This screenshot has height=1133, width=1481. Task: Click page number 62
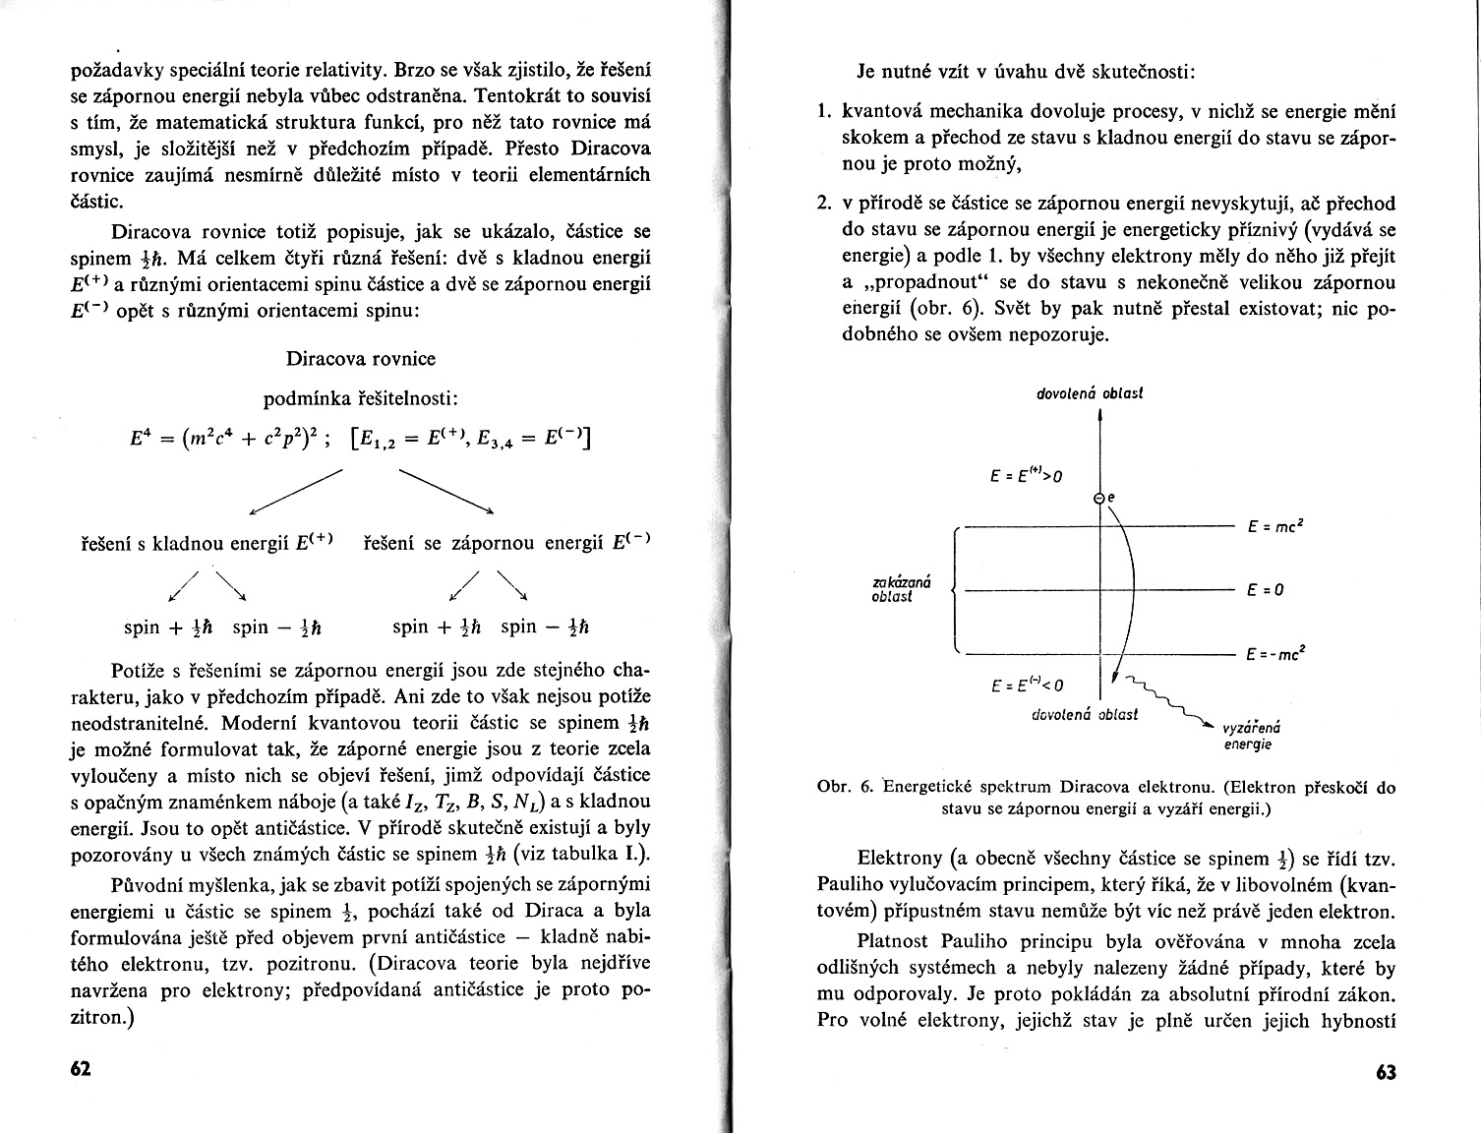81,1070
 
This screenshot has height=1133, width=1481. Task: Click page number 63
1386,1072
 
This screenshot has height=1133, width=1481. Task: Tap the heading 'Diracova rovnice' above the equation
361,358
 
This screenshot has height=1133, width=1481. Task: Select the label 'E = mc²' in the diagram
1275,527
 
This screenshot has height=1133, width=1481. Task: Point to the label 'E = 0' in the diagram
1266,590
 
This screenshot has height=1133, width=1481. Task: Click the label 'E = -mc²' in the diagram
1274,653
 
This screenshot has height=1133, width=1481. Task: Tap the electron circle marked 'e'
1099,499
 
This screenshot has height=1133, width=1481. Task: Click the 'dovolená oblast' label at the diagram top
1090,393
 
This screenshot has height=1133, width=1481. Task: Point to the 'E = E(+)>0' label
1027,476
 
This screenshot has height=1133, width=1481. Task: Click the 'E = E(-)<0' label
1027,685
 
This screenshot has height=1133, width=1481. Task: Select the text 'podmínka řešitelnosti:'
361,398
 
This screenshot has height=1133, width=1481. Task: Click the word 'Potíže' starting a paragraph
139,671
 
